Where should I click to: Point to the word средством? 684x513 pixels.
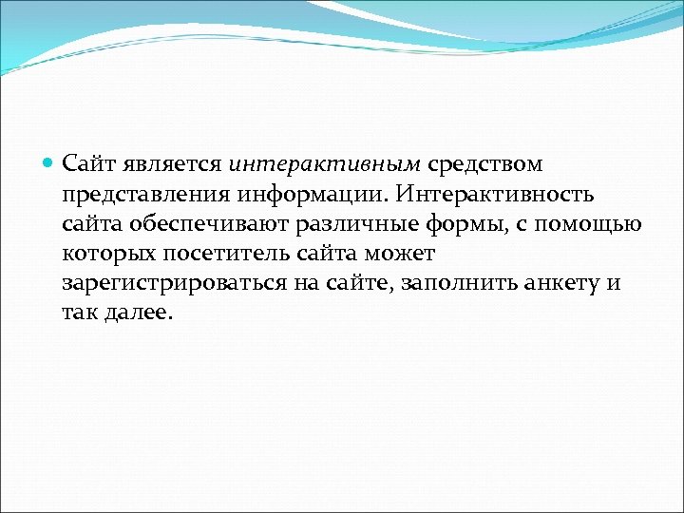[484, 165]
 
